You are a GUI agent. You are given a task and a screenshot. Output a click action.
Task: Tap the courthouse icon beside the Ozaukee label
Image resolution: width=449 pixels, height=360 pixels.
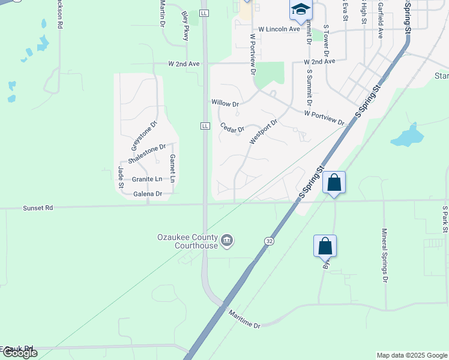pos(227,241)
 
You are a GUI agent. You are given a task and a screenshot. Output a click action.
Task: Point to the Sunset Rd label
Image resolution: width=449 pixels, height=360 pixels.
pos(38,208)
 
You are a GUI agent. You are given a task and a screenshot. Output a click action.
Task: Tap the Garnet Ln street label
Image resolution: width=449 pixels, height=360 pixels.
pos(172,169)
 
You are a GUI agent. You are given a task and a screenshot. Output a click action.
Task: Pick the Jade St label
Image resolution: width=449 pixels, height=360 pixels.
pos(121,176)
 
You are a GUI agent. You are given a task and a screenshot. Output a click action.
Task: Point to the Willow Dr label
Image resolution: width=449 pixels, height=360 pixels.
pos(225,103)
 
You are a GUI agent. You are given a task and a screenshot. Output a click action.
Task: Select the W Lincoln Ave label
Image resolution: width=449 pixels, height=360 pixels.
pos(279,29)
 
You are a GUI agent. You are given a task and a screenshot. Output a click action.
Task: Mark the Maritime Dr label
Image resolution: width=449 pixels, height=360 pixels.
pos(244,318)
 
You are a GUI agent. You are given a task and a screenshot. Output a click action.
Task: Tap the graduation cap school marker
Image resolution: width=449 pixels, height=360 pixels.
pos(300,9)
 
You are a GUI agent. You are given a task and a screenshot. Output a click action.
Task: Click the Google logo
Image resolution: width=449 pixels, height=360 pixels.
pos(19,353)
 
